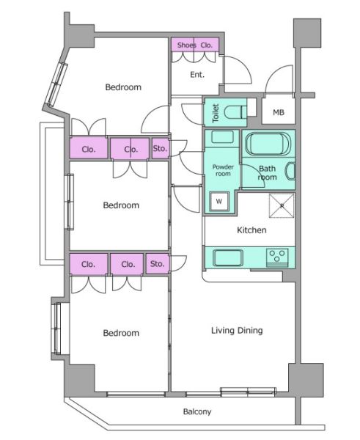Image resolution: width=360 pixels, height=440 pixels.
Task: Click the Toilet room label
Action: (216, 113)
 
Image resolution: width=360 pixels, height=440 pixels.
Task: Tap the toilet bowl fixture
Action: (235, 112)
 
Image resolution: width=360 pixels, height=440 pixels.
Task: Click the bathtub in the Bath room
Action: (268, 144)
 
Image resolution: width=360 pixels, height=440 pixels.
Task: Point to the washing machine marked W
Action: (219, 201)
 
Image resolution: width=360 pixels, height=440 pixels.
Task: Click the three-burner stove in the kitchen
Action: (277, 257)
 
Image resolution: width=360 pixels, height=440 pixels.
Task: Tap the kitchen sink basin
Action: (228, 257)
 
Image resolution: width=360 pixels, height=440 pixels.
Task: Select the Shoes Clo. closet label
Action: (195, 45)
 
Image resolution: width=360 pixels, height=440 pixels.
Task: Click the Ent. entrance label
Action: (197, 74)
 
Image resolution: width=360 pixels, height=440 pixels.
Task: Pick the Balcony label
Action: (197, 411)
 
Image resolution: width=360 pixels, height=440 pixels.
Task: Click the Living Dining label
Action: (237, 330)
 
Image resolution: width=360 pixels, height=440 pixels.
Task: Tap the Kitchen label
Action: (251, 230)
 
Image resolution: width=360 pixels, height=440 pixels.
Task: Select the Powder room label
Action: (223, 170)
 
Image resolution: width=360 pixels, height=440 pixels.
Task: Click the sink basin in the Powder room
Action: (222, 137)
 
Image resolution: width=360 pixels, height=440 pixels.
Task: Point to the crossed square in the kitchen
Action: (282, 205)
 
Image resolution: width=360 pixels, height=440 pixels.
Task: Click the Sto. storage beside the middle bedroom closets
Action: (161, 148)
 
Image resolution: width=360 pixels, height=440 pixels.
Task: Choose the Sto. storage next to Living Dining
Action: (157, 264)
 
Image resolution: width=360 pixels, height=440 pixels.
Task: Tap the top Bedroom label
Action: (123, 87)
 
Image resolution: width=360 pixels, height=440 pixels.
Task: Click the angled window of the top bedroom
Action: (57, 84)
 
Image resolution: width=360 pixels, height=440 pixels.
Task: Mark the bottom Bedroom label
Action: (121, 333)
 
